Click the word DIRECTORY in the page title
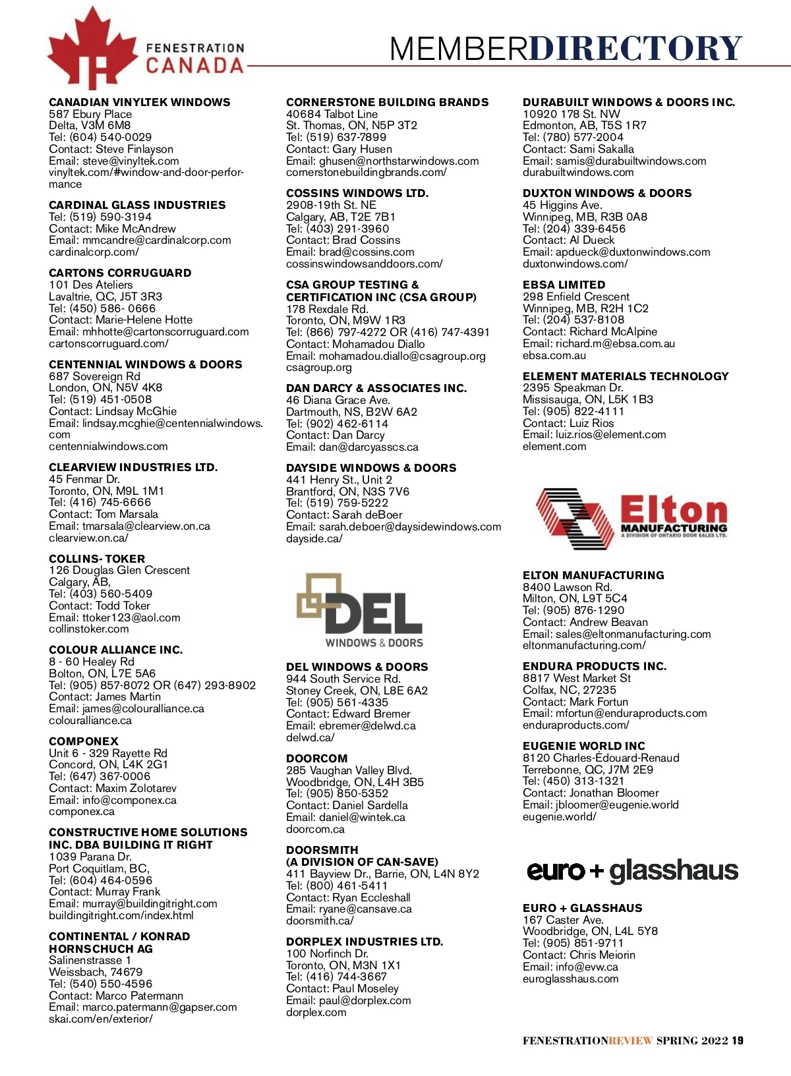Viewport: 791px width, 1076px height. click(635, 48)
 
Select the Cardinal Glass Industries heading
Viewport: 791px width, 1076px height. click(137, 205)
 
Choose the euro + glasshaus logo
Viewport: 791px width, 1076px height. click(631, 871)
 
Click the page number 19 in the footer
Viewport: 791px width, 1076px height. click(737, 1040)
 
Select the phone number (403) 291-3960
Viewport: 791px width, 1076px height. click(347, 229)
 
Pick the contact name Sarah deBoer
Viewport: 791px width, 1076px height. click(367, 515)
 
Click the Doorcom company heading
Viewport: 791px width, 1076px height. click(316, 758)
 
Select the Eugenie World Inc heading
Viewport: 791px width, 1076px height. click(583, 746)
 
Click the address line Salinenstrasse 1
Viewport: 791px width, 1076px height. click(90, 960)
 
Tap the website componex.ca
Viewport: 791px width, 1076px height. click(81, 812)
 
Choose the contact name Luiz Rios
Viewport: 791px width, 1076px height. click(591, 423)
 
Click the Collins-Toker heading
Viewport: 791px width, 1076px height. click(97, 559)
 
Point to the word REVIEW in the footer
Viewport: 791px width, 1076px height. click(630, 1040)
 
